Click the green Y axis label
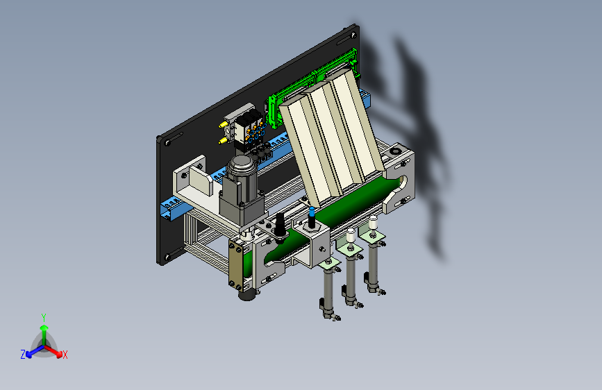click(x=44, y=318)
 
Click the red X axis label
click(x=65, y=355)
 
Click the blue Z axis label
click(x=23, y=355)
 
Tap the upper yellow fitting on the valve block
click(x=222, y=125)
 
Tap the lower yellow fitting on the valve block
click(x=222, y=141)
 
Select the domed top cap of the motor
click(x=241, y=164)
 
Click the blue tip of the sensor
click(x=312, y=212)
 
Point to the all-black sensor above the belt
click(x=280, y=228)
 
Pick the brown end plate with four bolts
click(x=236, y=265)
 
